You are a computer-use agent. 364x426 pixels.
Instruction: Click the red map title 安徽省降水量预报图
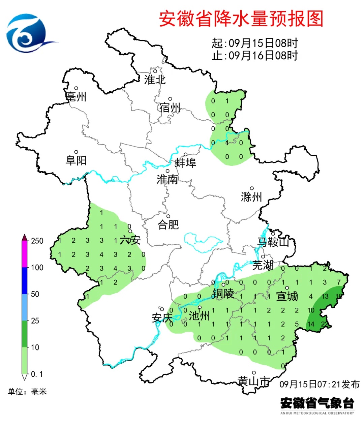click(241, 19)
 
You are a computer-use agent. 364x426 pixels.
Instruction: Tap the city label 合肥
click(168, 224)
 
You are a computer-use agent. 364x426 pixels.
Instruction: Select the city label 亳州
click(76, 97)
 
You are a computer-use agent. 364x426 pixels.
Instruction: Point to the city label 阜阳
click(76, 160)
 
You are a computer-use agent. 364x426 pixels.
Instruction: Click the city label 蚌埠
click(185, 163)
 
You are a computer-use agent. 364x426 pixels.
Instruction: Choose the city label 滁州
click(251, 197)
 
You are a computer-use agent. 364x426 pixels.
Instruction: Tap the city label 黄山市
click(254, 381)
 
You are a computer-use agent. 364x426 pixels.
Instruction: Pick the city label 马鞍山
click(273, 242)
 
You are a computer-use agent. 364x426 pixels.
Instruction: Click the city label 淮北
click(155, 80)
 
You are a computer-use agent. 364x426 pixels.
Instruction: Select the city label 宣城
click(287, 296)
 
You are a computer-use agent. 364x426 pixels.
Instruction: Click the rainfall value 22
click(325, 324)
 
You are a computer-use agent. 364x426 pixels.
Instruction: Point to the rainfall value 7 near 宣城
click(339, 282)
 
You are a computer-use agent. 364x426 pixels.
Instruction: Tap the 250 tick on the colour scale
click(37, 241)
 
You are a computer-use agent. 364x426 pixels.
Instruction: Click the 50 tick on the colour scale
click(35, 294)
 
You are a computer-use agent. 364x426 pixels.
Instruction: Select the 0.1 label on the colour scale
click(37, 374)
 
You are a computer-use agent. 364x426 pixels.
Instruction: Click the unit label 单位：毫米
click(27, 392)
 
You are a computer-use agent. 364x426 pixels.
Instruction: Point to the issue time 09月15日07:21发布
click(319, 384)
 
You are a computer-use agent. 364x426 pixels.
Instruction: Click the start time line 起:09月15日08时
click(255, 43)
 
